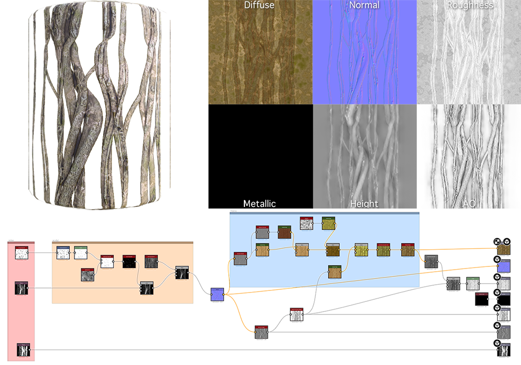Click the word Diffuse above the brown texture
click(259, 6)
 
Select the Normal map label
click(364, 6)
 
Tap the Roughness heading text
click(469, 6)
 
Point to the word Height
click(364, 204)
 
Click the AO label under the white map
click(469, 204)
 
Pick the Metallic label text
click(259, 204)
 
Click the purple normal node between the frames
click(217, 294)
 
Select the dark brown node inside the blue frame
click(284, 232)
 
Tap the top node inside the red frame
click(21, 254)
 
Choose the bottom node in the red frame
click(23, 350)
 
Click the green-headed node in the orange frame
click(81, 253)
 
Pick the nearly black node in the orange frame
click(129, 262)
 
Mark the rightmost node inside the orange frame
click(181, 273)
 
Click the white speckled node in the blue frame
click(306, 223)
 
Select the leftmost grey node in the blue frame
click(240, 259)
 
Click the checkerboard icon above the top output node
click(498, 242)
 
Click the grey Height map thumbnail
click(364, 154)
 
